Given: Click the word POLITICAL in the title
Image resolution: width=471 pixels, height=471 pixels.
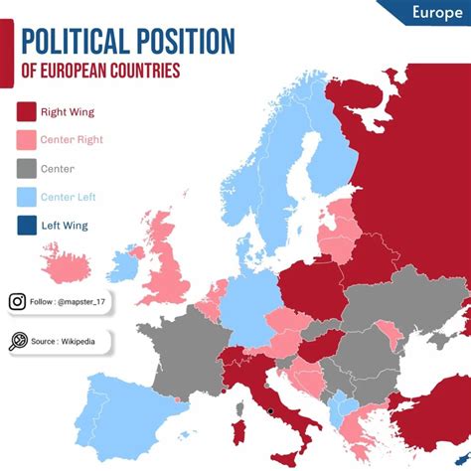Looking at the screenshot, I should tap(73, 43).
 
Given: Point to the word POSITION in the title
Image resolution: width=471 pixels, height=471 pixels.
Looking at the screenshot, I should tap(184, 43).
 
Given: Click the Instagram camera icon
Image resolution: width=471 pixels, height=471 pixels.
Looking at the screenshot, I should tap(18, 302).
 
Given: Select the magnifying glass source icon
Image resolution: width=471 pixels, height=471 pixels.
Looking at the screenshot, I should tap(18, 342).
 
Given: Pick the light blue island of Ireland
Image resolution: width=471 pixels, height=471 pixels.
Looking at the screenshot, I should tap(124, 266).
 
